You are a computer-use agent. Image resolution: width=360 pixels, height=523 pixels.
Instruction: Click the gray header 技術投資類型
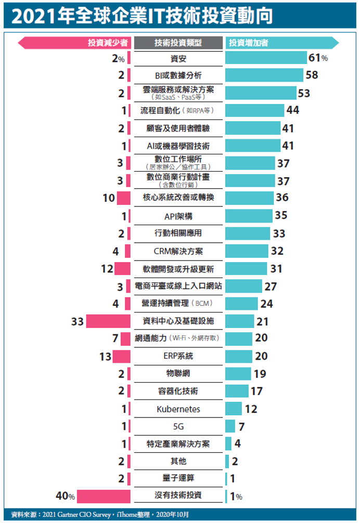tap(178, 43)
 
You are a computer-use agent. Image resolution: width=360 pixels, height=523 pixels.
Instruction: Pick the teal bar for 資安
tap(266, 58)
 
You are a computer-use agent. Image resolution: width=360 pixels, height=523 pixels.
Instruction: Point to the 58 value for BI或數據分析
tap(312, 75)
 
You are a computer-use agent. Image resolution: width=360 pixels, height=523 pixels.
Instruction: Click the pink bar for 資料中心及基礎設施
tap(108, 321)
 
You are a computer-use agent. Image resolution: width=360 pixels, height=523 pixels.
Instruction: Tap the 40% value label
tap(65, 496)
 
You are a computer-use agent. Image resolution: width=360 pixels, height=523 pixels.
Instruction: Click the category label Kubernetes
tap(178, 409)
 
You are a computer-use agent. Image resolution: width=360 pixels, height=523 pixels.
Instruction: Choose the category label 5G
tap(178, 427)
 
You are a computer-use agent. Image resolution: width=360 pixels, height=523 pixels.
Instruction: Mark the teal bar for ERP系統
tap(239, 356)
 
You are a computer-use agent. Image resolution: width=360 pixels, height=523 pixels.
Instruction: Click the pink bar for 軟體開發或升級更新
tap(122, 269)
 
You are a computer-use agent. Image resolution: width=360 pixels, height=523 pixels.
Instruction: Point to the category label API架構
tap(178, 216)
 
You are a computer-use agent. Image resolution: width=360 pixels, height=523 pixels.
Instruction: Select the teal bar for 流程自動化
tap(255, 110)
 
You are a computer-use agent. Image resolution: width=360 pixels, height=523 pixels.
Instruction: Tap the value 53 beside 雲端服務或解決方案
tap(304, 93)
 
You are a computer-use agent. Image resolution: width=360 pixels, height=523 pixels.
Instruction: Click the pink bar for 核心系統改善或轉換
tap(123, 198)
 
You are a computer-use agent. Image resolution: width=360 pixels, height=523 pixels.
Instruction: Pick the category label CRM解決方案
tap(178, 252)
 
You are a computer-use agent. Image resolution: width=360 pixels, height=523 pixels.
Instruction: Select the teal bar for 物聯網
tap(238, 374)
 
